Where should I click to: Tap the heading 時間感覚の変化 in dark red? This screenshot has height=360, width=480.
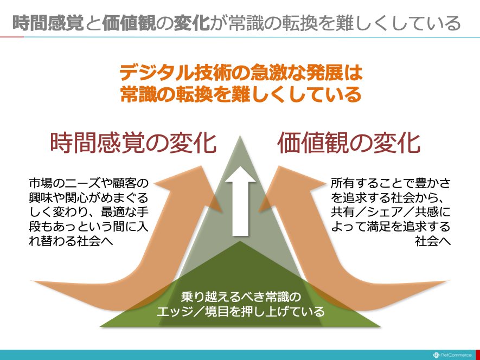click(133, 143)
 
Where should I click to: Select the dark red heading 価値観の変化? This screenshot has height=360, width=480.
click(349, 143)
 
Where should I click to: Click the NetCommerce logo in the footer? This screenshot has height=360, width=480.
click(452, 355)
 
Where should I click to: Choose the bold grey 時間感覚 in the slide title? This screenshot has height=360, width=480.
click(48, 23)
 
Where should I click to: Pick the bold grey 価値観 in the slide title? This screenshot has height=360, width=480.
click(129, 23)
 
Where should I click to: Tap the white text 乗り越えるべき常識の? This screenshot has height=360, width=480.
click(241, 297)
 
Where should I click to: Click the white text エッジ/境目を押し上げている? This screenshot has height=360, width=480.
click(241, 311)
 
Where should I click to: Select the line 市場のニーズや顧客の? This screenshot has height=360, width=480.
click(89, 183)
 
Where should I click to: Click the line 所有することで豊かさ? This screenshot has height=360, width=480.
click(391, 183)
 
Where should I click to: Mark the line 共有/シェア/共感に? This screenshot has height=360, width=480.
click(391, 212)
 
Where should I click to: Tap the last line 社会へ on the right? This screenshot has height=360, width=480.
click(433, 241)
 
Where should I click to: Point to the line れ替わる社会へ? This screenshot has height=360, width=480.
click(71, 241)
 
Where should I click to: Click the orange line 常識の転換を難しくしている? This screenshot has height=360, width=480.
click(241, 94)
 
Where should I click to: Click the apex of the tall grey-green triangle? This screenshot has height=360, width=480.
click(240, 136)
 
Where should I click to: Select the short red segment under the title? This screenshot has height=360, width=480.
click(12, 37)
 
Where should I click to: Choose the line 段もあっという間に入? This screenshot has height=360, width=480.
click(89, 227)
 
